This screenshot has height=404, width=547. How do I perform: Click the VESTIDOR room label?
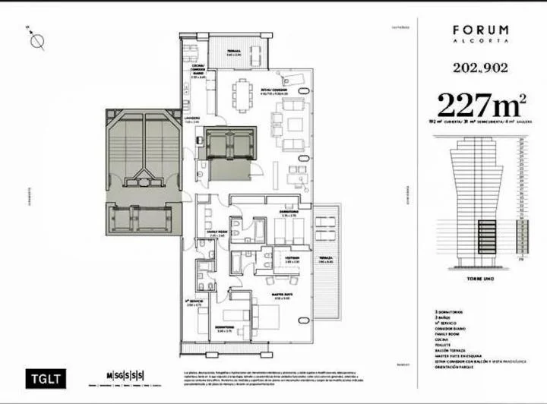(283, 260)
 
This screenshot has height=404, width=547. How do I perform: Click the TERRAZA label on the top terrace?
(234, 51)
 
